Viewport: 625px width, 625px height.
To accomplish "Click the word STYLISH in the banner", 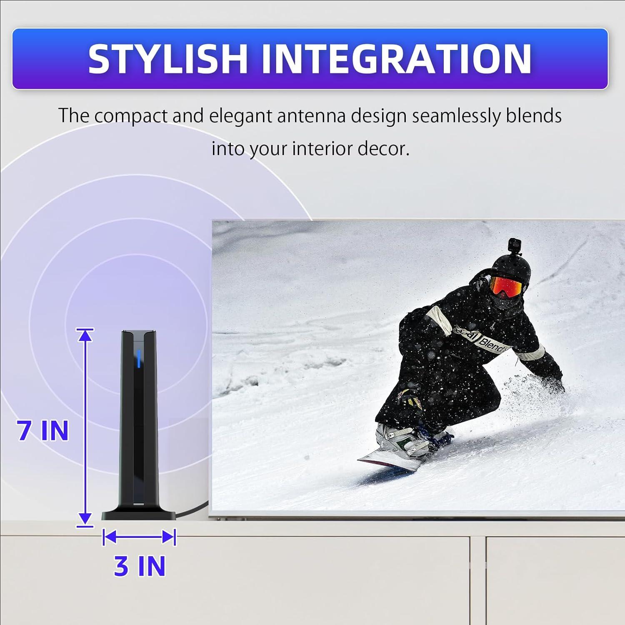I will tap(168, 59).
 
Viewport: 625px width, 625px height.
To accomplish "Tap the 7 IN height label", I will tap(43, 430).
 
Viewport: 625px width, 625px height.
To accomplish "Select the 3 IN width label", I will tap(140, 566).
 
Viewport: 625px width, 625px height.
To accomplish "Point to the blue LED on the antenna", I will tap(137, 359).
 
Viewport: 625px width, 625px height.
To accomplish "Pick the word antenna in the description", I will tap(311, 116).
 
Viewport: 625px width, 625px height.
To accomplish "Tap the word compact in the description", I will tap(128, 117).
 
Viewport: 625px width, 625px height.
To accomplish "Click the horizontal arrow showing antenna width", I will tap(139, 537).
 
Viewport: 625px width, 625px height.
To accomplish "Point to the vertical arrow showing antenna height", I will tap(85, 427).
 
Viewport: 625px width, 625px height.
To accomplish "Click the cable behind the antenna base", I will tap(194, 511).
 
